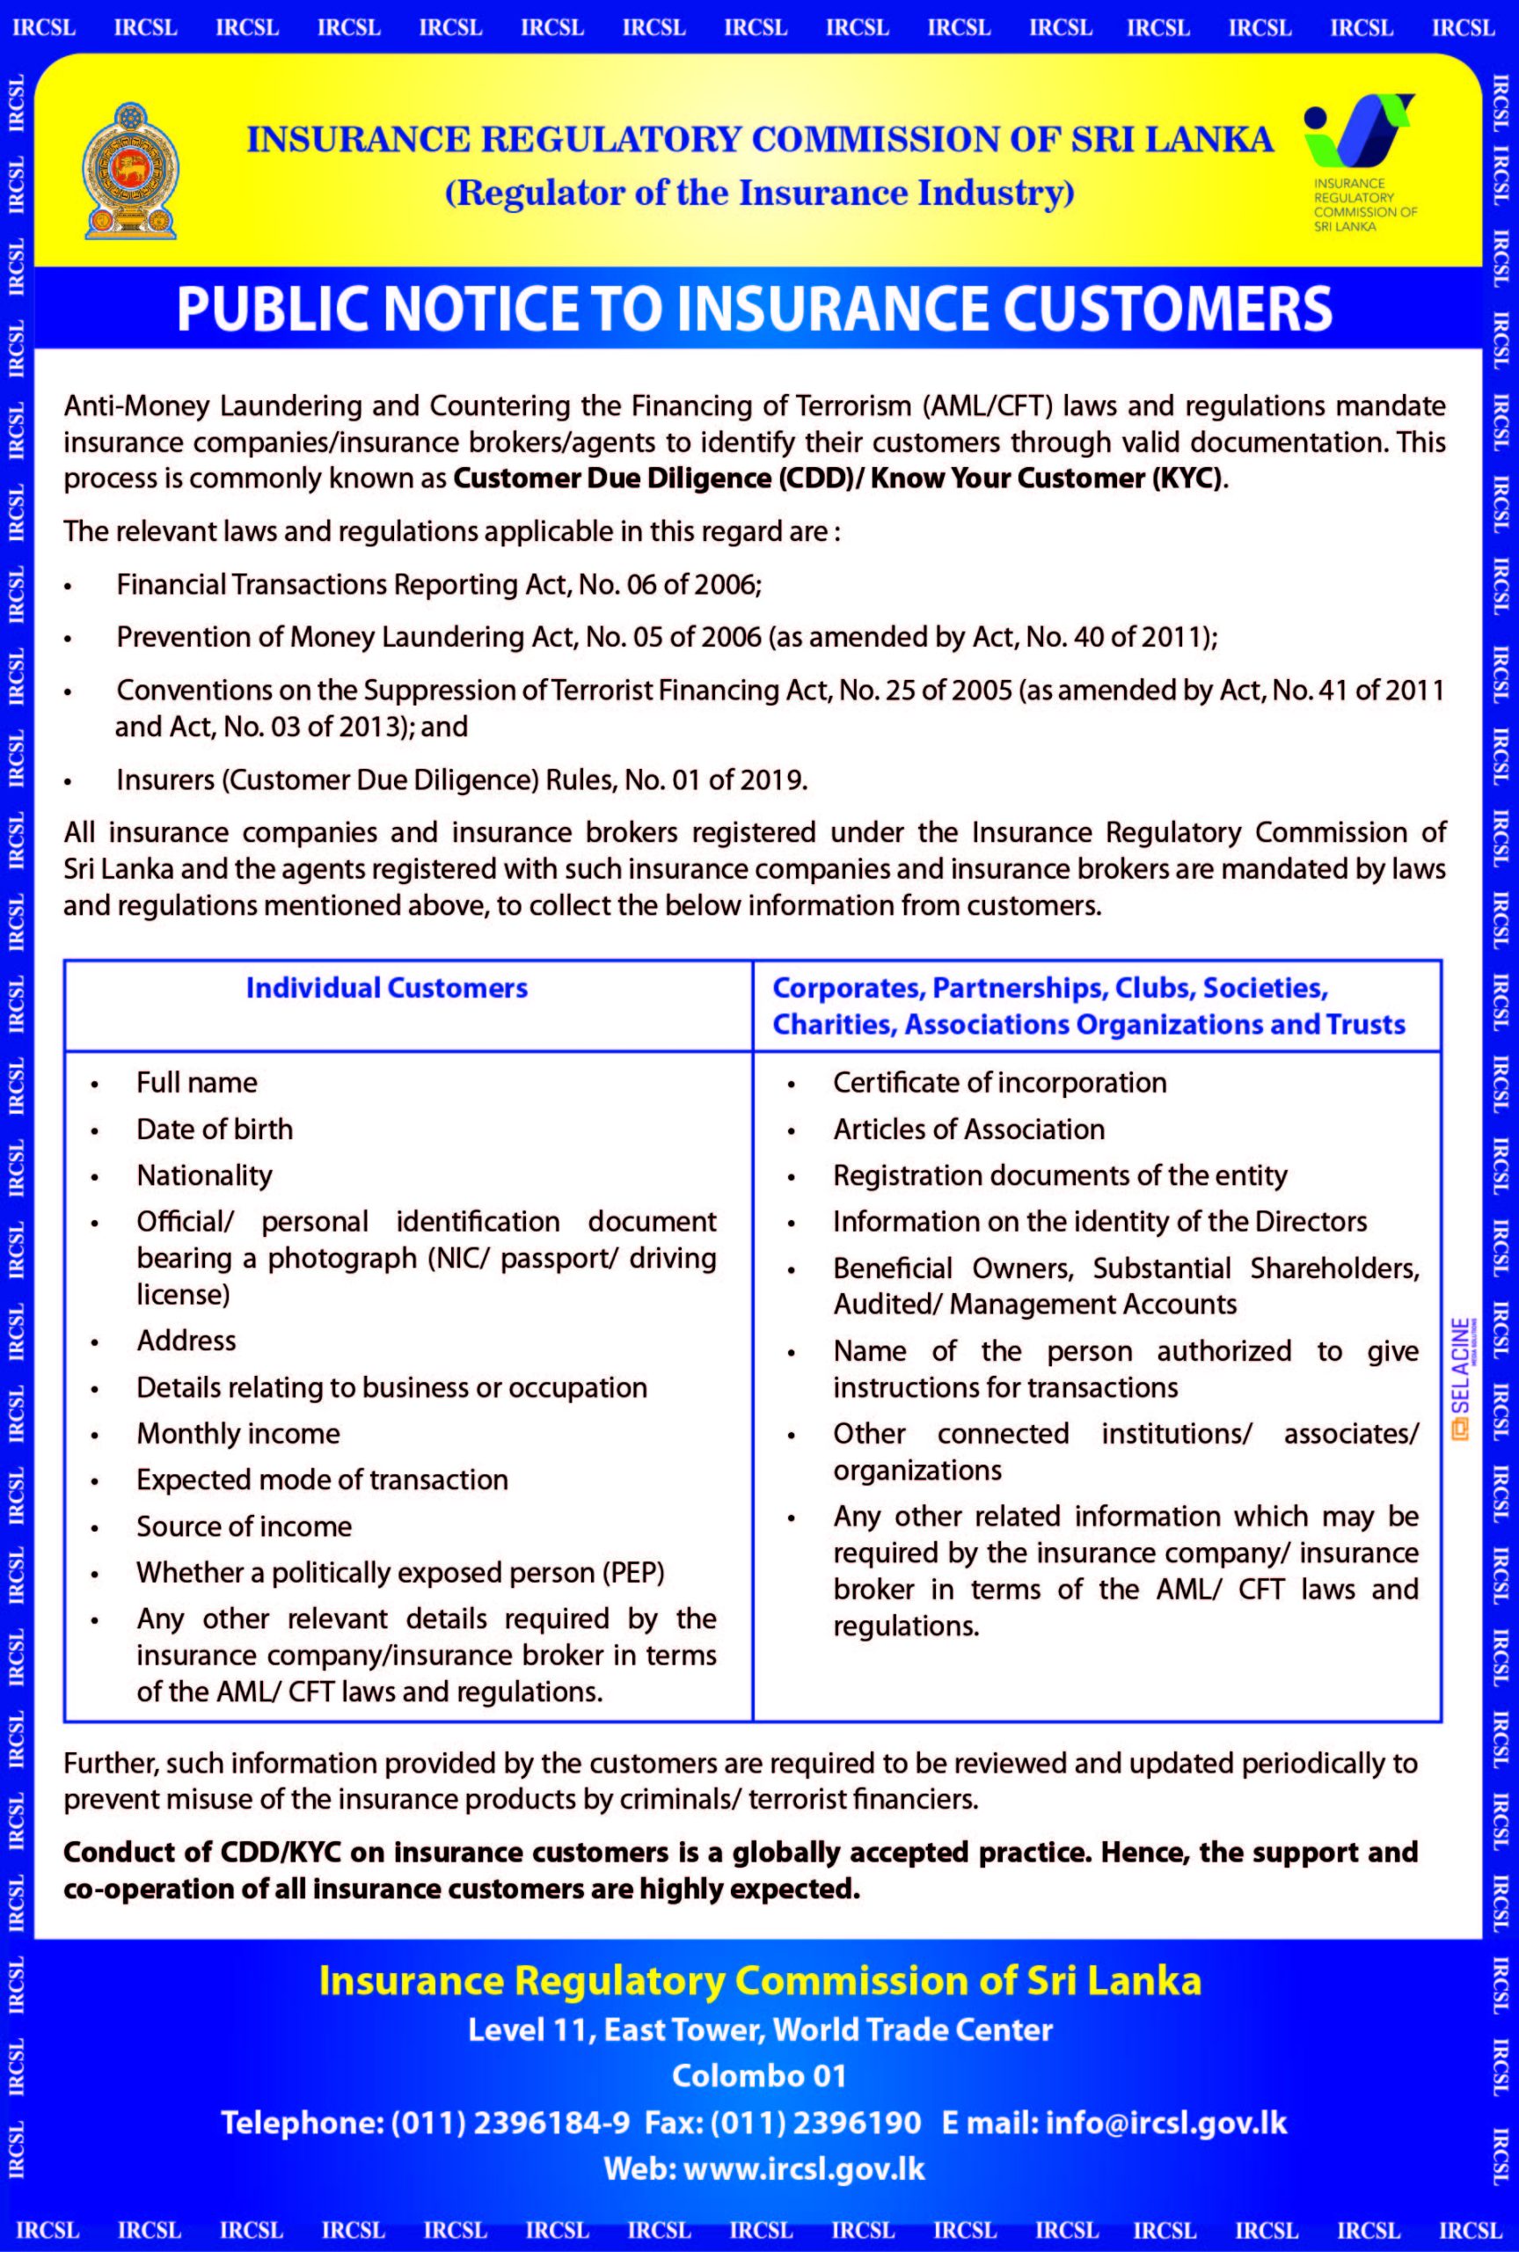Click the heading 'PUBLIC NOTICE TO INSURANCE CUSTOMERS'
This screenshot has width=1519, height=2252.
pos(754,309)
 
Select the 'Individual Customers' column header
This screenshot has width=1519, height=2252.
pos(386,988)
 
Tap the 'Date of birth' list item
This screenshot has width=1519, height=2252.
pos(214,1130)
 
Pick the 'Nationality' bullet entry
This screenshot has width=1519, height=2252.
pos(204,1176)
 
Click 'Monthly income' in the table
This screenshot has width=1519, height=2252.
pos(238,1434)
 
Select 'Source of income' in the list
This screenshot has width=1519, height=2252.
pos(245,1526)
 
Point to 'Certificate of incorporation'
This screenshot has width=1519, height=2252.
pos(1000,1083)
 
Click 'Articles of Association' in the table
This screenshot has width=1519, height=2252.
pos(968,1130)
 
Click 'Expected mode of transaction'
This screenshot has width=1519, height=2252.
pos(322,1480)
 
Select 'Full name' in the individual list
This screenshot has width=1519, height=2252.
pos(197,1083)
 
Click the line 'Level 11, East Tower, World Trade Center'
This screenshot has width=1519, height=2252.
pos(760,2030)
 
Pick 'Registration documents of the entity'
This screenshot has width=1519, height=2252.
pos(1060,1176)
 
